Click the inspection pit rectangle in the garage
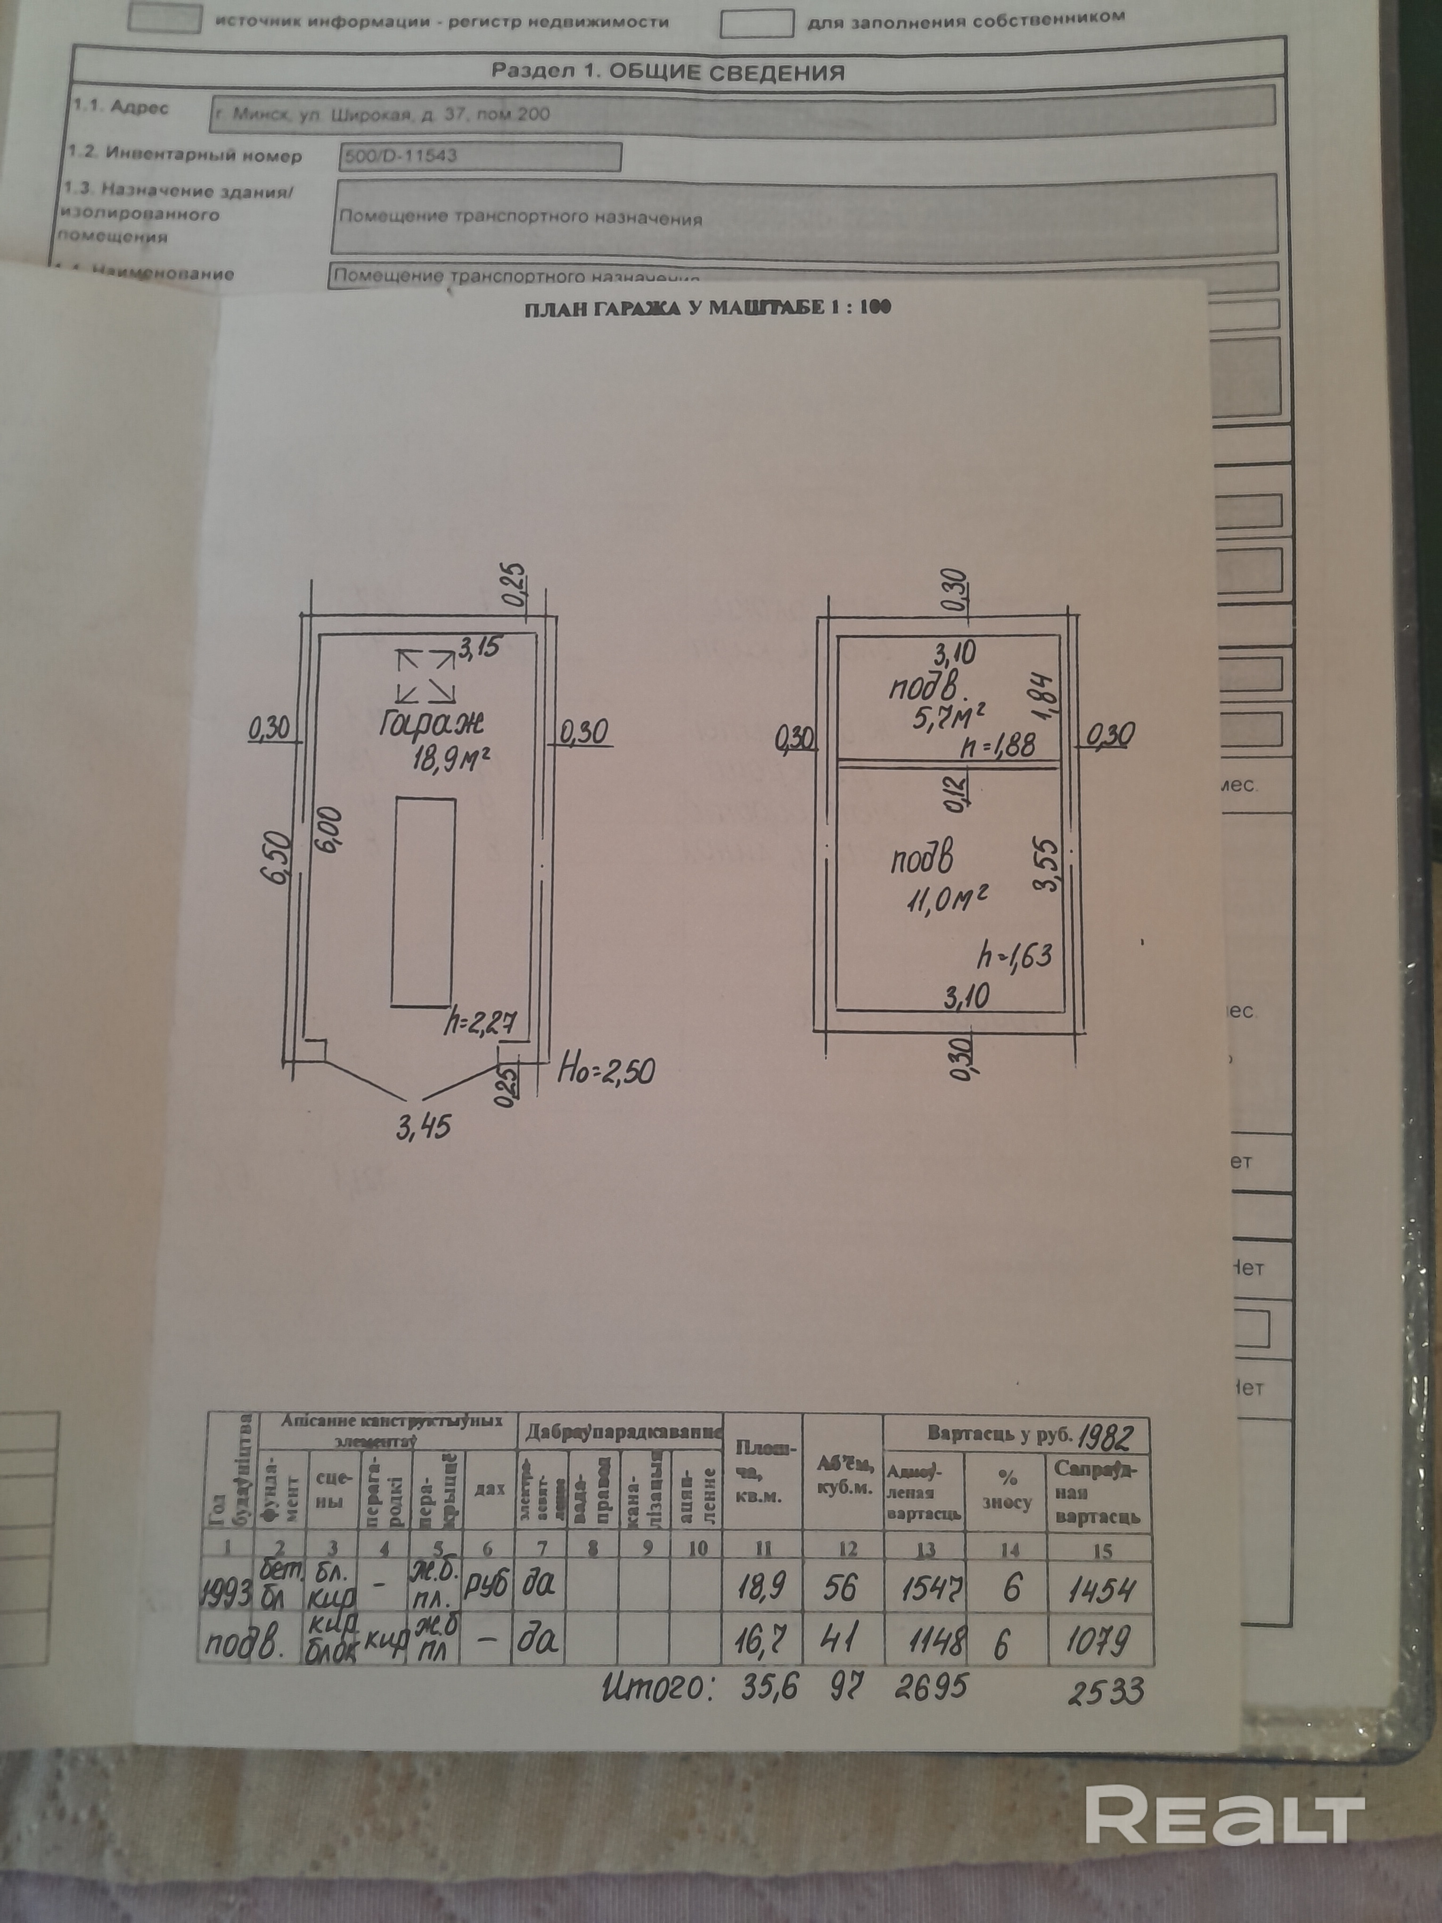coord(423,902)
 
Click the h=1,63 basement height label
coord(1015,955)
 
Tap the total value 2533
coord(1106,1691)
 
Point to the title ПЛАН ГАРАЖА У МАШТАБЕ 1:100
coord(707,308)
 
